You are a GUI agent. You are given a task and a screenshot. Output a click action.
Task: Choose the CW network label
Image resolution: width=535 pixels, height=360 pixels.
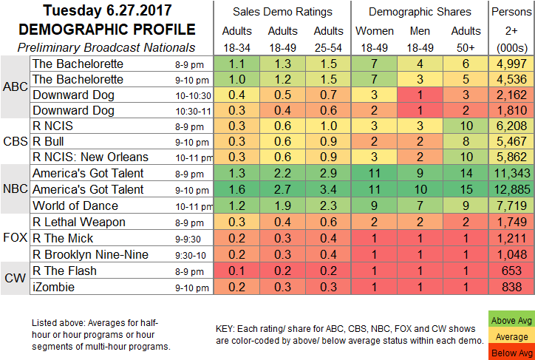coord(16,279)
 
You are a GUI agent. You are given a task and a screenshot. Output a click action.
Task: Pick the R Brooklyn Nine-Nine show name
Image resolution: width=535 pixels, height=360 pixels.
coord(91,254)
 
